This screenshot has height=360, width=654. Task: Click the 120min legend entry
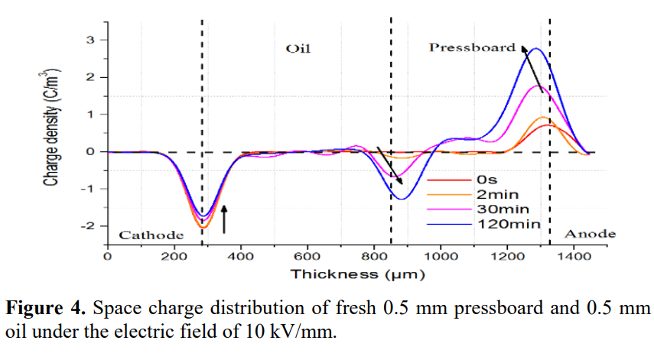coord(509,224)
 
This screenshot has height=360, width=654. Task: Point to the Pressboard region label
coord(472,47)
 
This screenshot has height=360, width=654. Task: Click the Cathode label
coord(151,234)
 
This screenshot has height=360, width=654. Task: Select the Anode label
coord(589,234)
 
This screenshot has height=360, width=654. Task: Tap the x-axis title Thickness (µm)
coord(357,273)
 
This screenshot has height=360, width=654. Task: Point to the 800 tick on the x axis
coord(374,258)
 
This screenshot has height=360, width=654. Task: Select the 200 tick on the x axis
coord(174,258)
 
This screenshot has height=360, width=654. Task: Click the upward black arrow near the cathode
coord(224,218)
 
